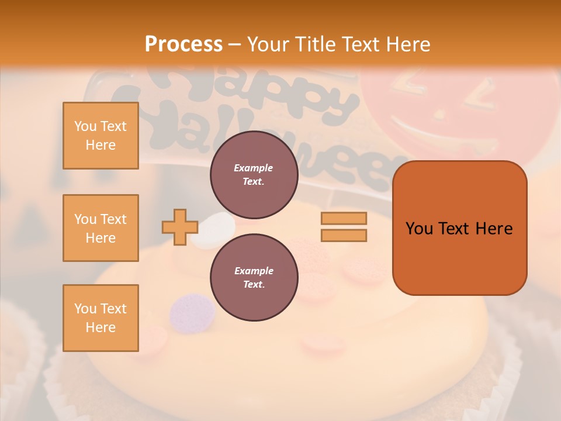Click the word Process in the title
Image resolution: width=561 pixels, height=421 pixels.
click(183, 44)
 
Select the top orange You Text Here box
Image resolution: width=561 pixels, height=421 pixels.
click(101, 136)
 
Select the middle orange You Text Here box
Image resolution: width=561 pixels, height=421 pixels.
click(101, 228)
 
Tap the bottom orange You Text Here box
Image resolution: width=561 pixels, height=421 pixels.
click(101, 318)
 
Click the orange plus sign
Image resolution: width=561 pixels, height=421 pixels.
click(179, 227)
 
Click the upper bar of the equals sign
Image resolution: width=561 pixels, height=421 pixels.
click(344, 218)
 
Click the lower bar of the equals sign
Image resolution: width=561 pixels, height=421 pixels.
click(344, 236)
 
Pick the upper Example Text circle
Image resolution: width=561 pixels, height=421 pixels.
click(254, 174)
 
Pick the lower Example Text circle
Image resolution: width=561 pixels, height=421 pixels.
click(254, 277)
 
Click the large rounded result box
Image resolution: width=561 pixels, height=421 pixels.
click(459, 228)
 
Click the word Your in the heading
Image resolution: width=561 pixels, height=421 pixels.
click(268, 44)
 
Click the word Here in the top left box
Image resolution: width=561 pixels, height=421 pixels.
click(101, 145)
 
